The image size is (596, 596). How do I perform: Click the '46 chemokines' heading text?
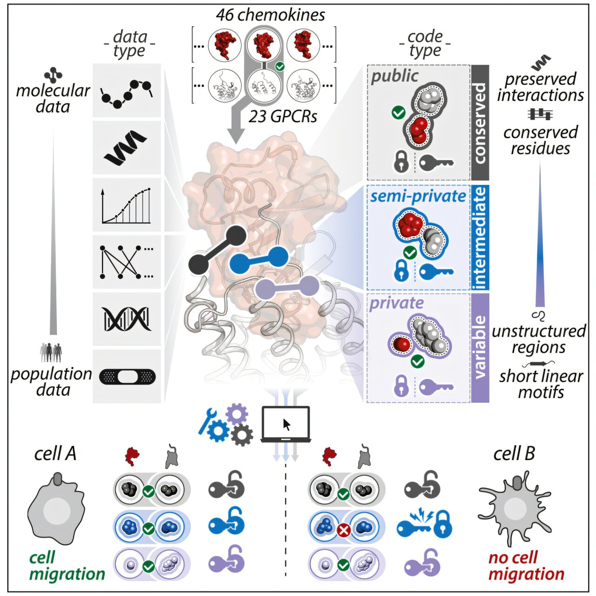click(x=271, y=15)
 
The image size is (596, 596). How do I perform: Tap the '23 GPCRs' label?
click(x=283, y=116)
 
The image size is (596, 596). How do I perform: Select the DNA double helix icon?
click(x=127, y=319)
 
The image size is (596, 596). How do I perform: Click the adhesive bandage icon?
click(x=127, y=376)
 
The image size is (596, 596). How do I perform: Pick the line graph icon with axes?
click(x=126, y=205)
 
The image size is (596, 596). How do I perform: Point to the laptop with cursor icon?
click(x=285, y=424)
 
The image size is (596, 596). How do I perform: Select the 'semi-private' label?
click(x=418, y=196)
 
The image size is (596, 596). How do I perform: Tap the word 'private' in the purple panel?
click(x=396, y=304)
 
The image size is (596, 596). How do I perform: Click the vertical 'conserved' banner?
click(x=480, y=123)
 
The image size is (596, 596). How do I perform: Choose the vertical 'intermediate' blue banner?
click(x=480, y=237)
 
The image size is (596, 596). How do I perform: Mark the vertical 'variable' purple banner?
click(x=480, y=347)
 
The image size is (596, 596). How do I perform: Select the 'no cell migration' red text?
click(x=526, y=565)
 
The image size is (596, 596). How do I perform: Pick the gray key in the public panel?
click(x=436, y=163)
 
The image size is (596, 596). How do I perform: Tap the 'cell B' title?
click(x=514, y=453)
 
